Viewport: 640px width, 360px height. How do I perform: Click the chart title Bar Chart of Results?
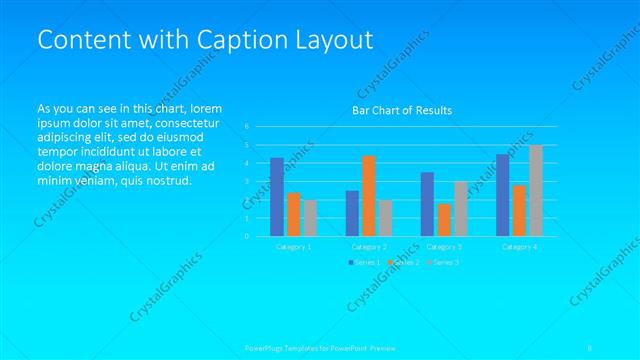point(402,110)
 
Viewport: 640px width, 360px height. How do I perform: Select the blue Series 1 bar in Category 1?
point(277,196)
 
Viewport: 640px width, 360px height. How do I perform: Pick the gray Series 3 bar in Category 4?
point(536,190)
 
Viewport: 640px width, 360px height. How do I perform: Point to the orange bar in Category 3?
point(444,219)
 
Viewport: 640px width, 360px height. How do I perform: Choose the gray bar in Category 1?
point(309,217)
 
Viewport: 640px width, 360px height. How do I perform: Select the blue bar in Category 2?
point(353,213)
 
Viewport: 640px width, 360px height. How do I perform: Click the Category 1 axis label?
point(293,246)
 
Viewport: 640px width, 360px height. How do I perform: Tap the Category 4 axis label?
point(519,246)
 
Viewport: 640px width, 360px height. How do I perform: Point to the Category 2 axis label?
point(369,246)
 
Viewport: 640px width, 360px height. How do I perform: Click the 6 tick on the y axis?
point(246,127)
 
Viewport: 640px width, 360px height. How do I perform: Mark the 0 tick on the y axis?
point(246,236)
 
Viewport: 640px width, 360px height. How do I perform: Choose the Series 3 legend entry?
point(443,262)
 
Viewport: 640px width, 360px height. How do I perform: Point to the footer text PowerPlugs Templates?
point(290,348)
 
